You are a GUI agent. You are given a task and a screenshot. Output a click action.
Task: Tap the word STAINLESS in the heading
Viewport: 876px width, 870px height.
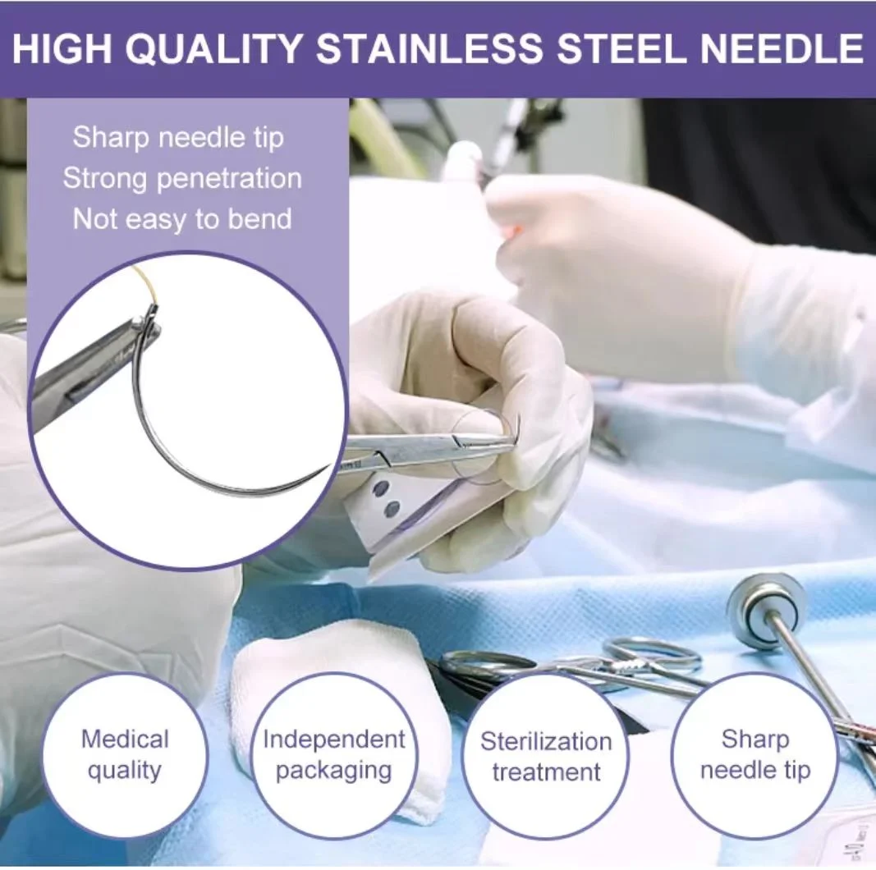coord(429,48)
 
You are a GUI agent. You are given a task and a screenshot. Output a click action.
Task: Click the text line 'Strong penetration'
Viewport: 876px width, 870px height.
coord(182,178)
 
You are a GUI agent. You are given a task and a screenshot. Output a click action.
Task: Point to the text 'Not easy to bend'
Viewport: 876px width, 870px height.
coord(182,219)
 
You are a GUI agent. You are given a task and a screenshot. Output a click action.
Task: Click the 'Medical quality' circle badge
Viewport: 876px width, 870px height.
coord(126,756)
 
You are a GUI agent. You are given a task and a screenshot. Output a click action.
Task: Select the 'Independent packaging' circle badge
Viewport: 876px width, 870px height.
coord(334,756)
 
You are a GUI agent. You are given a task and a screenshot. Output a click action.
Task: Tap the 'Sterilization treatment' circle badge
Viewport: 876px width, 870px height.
coord(546,756)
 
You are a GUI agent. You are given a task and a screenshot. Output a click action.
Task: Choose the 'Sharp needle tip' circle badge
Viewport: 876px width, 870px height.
coord(754,756)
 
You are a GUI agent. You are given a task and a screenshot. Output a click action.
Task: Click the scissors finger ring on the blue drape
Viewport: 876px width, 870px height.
coord(654,652)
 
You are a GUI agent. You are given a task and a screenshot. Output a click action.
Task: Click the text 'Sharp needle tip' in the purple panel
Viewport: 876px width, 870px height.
coord(178,137)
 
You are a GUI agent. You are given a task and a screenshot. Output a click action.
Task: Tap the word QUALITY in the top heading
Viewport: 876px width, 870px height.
coord(218,48)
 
